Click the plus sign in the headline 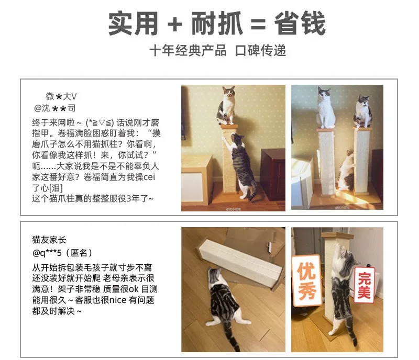[x=175, y=24]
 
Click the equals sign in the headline [x=258, y=24]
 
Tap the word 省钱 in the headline [x=300, y=24]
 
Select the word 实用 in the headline [x=133, y=24]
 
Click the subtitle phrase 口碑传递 [x=260, y=50]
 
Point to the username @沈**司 [x=55, y=108]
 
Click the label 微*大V [x=61, y=96]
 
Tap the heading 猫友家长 [x=49, y=240]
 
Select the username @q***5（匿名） [x=62, y=253]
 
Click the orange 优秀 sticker [x=306, y=280]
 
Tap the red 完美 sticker [x=364, y=285]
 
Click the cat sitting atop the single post [x=227, y=106]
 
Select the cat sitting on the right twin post [x=363, y=111]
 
